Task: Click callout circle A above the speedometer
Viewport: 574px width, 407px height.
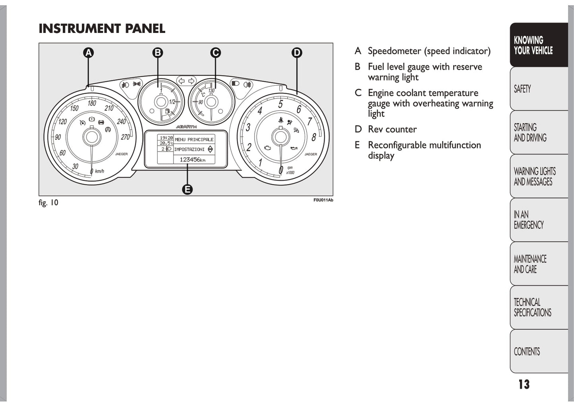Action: pyautogui.click(x=88, y=53)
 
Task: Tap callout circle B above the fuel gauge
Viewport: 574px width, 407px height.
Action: pyautogui.click(x=158, y=53)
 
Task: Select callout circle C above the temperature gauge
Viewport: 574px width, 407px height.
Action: pyautogui.click(x=215, y=53)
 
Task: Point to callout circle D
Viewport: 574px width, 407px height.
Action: pyautogui.click(x=297, y=53)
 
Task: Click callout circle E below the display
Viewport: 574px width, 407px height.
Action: pyautogui.click(x=187, y=190)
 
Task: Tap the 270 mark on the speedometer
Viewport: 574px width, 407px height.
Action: pyautogui.click(x=125, y=137)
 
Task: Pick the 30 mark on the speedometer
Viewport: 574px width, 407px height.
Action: pyautogui.click(x=75, y=166)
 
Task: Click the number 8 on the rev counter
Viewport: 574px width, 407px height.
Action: pyautogui.click(x=313, y=138)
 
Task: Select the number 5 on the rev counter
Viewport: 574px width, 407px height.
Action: pyautogui.click(x=280, y=104)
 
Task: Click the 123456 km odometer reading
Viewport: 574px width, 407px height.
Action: pyautogui.click(x=193, y=159)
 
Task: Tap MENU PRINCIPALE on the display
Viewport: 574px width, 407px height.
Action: pyautogui.click(x=194, y=140)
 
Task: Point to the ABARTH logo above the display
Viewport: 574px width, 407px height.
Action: pyautogui.click(x=186, y=127)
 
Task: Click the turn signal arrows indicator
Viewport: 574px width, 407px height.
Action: pyautogui.click(x=186, y=81)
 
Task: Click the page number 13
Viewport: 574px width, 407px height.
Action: pyautogui.click(x=524, y=384)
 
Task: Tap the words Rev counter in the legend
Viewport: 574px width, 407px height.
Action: pyautogui.click(x=392, y=129)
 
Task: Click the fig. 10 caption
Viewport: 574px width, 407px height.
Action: pyautogui.click(x=48, y=203)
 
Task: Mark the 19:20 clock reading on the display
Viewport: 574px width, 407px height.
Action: pyautogui.click(x=166, y=138)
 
